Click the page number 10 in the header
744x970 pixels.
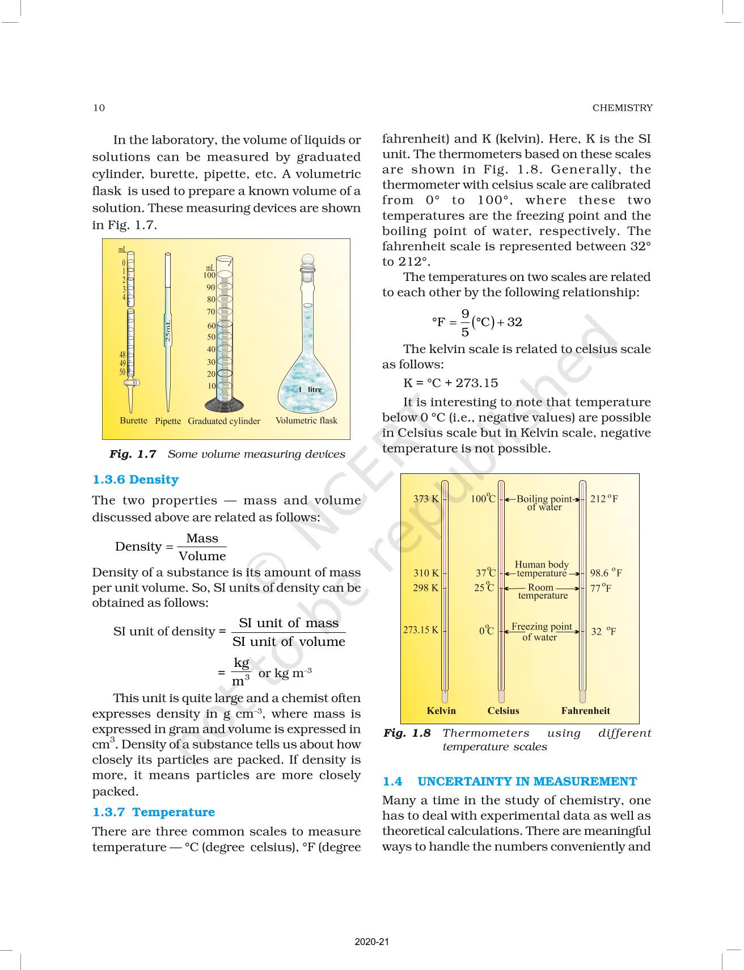99,108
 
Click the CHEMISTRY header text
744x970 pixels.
622,108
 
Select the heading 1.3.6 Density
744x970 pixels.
136,480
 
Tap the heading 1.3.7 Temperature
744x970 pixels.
154,812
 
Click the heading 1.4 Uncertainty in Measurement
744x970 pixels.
509,782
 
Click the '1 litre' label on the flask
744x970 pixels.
310,390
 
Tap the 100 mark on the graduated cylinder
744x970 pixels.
209,275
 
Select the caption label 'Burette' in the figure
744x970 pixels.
133,421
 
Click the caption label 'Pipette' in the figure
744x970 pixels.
168,421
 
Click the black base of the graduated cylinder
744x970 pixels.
225,405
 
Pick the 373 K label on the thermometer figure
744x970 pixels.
425,499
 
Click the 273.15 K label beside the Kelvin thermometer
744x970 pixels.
420,630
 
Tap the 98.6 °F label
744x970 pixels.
606,573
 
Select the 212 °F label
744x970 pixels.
604,499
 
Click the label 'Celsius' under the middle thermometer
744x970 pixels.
503,711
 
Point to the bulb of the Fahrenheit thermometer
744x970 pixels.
582,696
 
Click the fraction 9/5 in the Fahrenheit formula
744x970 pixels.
465,322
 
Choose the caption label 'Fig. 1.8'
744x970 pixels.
407,733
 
